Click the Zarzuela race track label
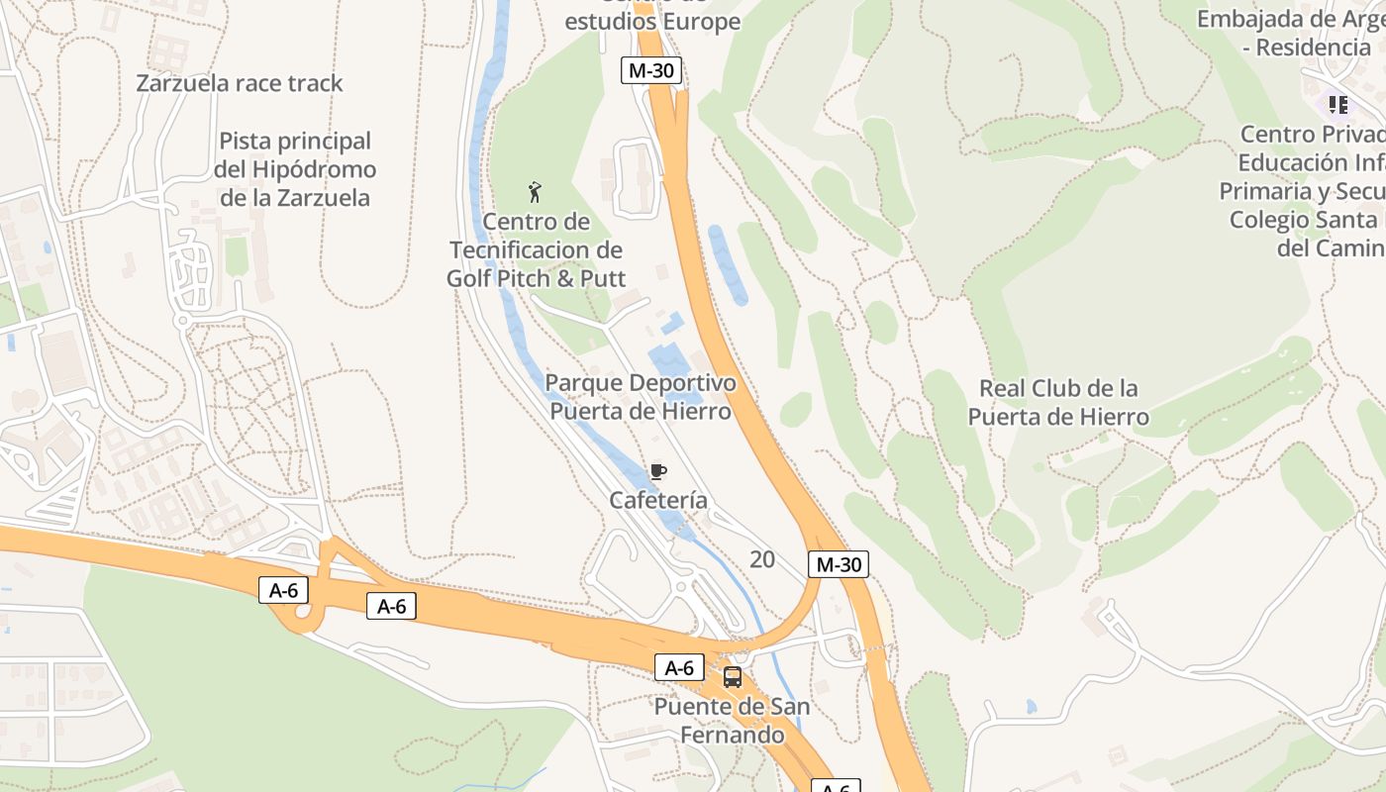[x=240, y=83]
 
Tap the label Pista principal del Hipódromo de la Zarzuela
[x=295, y=169]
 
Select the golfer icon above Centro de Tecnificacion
[x=535, y=192]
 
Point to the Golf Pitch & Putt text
[x=536, y=278]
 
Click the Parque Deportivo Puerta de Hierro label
[x=641, y=397]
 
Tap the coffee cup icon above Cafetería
[x=658, y=471]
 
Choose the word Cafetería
[x=658, y=501]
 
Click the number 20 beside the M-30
[x=762, y=560]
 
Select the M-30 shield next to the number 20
[x=838, y=565]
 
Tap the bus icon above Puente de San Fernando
[x=733, y=677]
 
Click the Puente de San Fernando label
[x=732, y=721]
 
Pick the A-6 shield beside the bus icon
[x=679, y=668]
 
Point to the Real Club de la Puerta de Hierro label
[x=1058, y=402]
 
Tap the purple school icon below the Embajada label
[x=1338, y=104]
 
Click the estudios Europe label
[x=652, y=22]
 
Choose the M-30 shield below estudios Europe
[x=651, y=70]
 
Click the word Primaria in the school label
[x=1265, y=191]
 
